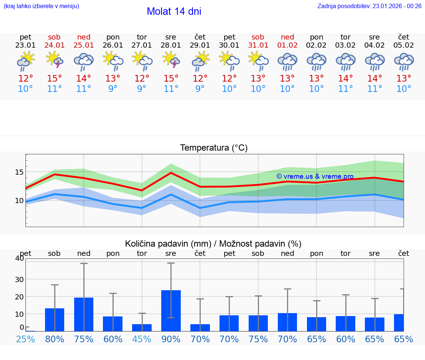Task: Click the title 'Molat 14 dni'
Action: [x=174, y=11]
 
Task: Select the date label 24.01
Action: [x=55, y=45]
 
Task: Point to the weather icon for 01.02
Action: [x=287, y=61]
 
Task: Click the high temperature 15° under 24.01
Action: [x=55, y=79]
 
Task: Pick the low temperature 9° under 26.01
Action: [x=113, y=89]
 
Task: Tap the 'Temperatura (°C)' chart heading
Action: [x=214, y=148]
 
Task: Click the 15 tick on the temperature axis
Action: [x=19, y=172]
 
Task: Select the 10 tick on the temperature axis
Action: [x=19, y=201]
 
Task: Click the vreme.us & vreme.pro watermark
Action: [x=315, y=176]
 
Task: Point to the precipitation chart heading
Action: [x=213, y=244]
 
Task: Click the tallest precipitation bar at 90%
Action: [x=171, y=311]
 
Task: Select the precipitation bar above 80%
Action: [x=55, y=320]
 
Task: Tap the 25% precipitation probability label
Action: [x=25, y=339]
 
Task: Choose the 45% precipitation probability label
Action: [x=142, y=339]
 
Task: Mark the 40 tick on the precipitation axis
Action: [x=19, y=258]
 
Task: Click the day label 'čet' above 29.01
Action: [x=200, y=37]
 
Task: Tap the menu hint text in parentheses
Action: [x=41, y=6]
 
